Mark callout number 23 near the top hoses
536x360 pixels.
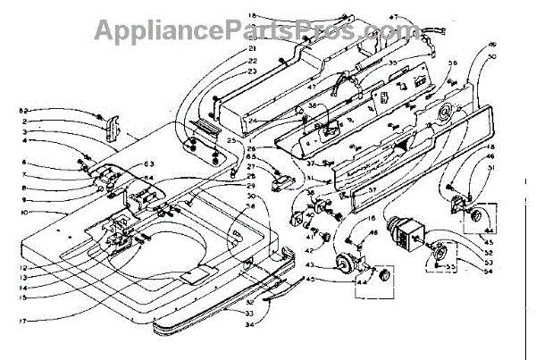point(251,70)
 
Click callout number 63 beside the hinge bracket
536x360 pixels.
point(149,163)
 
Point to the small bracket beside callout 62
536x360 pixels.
point(113,128)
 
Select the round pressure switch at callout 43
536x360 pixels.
point(340,264)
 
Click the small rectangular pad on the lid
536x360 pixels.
point(191,279)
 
